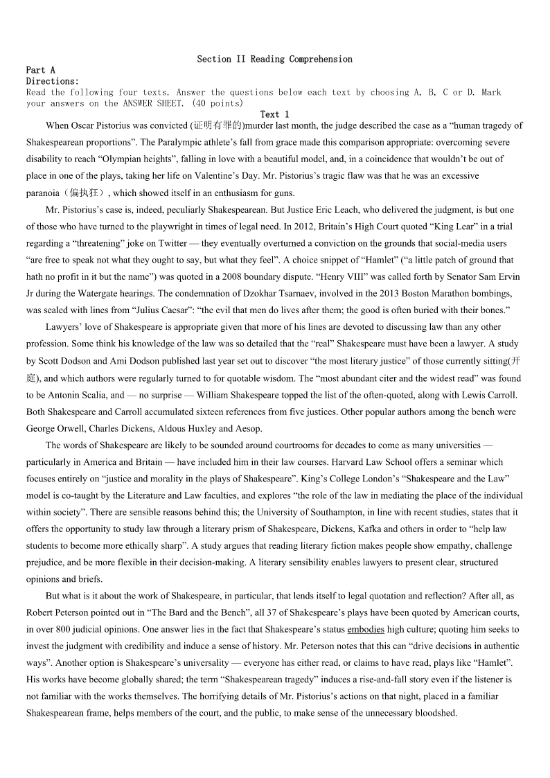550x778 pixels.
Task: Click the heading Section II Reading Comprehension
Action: coord(274,60)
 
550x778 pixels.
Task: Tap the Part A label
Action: coord(40,70)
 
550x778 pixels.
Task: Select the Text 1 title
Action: coord(274,114)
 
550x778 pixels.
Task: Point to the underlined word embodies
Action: coord(366,629)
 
